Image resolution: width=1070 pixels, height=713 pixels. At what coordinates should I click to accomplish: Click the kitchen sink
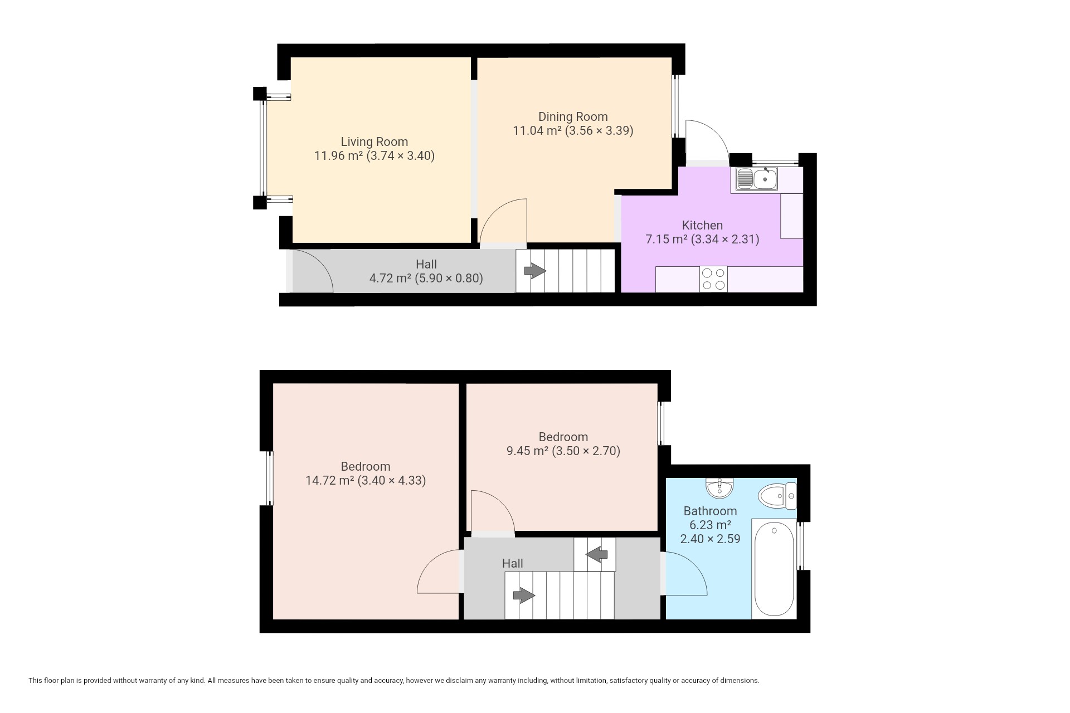(757, 179)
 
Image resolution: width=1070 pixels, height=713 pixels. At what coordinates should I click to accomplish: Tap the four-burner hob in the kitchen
(714, 279)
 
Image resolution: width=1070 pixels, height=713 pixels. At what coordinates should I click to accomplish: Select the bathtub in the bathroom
(774, 569)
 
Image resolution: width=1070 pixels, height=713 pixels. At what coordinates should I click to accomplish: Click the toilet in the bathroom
(778, 496)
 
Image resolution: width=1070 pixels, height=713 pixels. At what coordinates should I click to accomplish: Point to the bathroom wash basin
(720, 488)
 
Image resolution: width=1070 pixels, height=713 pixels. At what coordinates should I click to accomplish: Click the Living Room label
(374, 142)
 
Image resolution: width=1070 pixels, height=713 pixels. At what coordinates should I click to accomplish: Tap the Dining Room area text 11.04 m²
(537, 131)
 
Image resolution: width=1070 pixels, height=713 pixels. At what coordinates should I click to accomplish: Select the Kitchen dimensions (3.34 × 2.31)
(725, 240)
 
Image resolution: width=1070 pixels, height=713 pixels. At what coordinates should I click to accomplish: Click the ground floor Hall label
(426, 264)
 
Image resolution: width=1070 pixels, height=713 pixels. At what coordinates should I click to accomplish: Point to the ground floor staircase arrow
(535, 271)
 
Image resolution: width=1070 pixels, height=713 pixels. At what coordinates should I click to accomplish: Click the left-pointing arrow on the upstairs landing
(597, 554)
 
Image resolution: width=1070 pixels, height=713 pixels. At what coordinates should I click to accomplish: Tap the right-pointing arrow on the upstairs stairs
(524, 596)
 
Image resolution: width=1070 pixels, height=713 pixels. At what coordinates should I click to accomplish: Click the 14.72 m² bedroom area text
(330, 480)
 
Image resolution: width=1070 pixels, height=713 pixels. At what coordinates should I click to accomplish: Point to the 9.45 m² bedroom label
(563, 437)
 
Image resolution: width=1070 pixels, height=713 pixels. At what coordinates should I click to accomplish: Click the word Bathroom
(710, 511)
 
